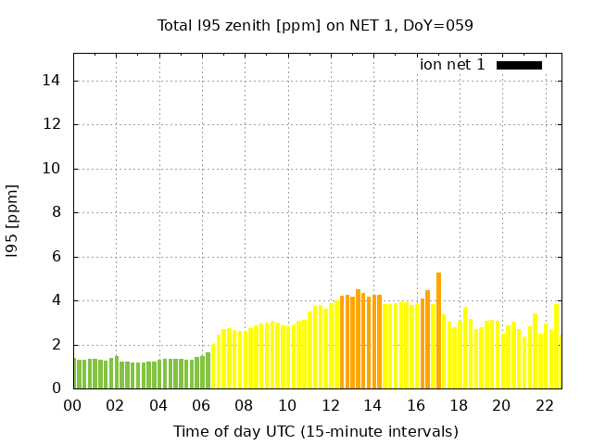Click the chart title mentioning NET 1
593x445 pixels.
pos(315,26)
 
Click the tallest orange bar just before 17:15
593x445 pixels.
pos(438,331)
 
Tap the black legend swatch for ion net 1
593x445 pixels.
pos(519,65)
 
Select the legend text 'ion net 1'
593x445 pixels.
pos(452,65)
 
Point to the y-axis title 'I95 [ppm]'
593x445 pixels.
pos(13,222)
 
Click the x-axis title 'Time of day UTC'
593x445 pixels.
pos(315,431)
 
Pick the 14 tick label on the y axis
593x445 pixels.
pos(52,81)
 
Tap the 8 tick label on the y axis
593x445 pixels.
pos(56,212)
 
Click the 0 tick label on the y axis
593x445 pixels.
pos(56,388)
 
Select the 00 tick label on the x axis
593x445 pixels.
pos(72,406)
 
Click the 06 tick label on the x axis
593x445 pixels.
pos(201,406)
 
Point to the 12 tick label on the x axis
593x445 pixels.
pos(330,406)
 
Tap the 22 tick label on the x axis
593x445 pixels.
pos(545,406)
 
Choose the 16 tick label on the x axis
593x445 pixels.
pos(416,406)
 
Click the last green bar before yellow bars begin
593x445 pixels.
pos(208,371)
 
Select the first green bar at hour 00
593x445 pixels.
pos(75,374)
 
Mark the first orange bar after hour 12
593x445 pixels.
pos(342,342)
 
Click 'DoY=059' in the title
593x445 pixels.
pos(442,26)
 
